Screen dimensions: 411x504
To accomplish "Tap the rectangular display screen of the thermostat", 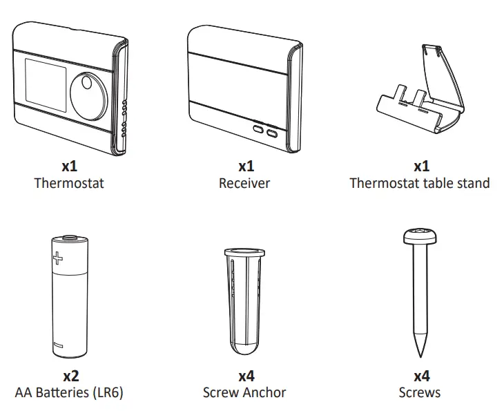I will pos(43,89).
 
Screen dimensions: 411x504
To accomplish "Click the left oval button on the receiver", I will pos(258,128).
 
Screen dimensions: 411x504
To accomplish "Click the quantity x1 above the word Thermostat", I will pos(69,166).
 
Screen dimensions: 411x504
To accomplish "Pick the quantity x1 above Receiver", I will pos(246,166).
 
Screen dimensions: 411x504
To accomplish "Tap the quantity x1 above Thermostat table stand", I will pos(421,166).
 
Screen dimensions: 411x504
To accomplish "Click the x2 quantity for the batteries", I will pos(70,376).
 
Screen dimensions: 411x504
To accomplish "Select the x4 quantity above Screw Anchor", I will pos(246,376).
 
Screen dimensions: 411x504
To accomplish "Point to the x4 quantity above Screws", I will pos(421,376).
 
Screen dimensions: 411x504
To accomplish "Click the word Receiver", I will pos(244,183).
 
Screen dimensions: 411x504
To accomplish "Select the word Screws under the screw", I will pos(420,393).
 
